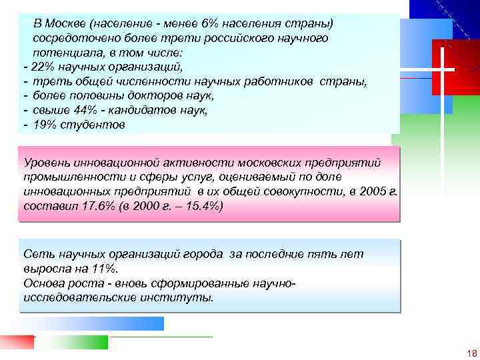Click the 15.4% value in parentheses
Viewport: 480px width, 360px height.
pos(194,206)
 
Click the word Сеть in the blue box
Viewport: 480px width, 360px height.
pos(35,255)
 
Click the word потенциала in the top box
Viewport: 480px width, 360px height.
pos(68,53)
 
